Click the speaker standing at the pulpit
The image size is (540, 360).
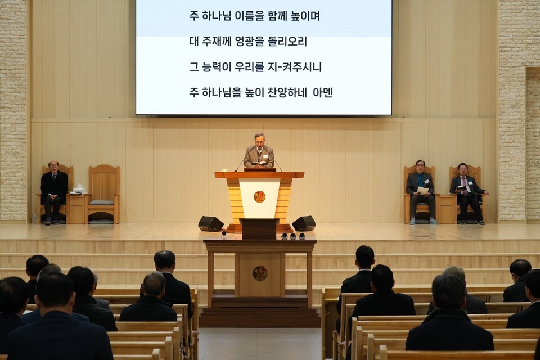259,151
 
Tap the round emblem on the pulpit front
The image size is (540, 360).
259,196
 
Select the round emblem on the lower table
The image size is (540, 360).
259,273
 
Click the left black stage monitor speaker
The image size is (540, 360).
210,223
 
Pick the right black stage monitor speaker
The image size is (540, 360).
304,223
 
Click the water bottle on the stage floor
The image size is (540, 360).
35,218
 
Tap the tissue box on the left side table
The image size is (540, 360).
78,190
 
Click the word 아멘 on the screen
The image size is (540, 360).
323,92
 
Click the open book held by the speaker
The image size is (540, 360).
259,164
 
